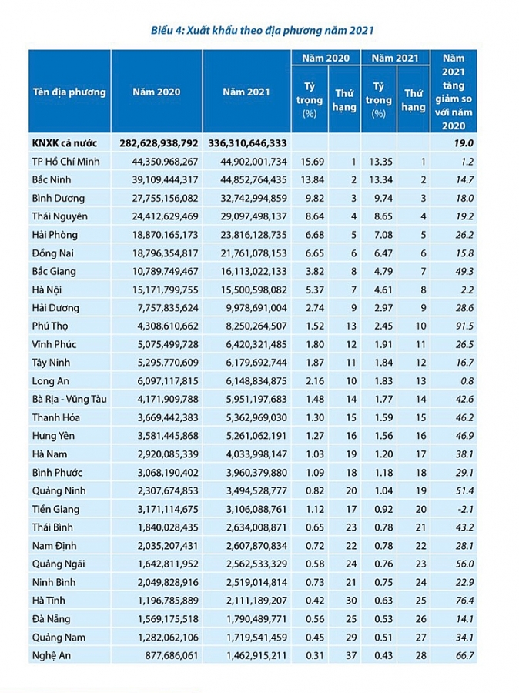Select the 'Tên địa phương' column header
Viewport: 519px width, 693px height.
pyautogui.click(x=69, y=92)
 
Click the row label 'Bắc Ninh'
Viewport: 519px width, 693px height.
pyautogui.click(x=55, y=179)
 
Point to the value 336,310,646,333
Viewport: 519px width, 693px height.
pyautogui.click(x=246, y=142)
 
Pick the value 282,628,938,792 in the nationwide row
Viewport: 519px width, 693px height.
pyautogui.click(x=159, y=142)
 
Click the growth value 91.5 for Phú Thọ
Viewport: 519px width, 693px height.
pyautogui.click(x=461, y=326)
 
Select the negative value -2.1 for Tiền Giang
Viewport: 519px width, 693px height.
pyautogui.click(x=461, y=509)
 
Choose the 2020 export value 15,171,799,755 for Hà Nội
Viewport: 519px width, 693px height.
pyautogui.click(x=159, y=290)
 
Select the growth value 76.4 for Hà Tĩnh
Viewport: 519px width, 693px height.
pyautogui.click(x=461, y=601)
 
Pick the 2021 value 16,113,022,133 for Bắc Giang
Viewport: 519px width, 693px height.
pyautogui.click(x=246, y=271)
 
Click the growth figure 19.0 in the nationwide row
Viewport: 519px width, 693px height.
pyautogui.click(x=462, y=142)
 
